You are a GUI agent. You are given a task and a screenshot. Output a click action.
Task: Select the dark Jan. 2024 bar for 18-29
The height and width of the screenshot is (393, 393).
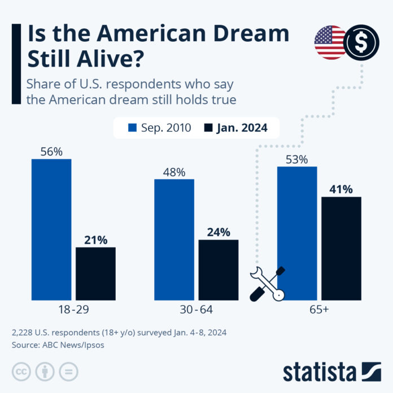(x=95, y=273)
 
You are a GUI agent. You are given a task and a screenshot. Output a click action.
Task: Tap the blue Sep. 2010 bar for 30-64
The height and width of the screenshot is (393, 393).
(x=174, y=239)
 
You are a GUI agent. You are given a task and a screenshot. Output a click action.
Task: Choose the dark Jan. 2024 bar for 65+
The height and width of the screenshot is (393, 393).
(x=341, y=248)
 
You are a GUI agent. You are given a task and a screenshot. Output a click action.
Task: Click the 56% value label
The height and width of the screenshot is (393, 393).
(x=51, y=152)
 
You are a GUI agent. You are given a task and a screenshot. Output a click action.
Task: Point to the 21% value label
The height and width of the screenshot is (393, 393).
(x=95, y=240)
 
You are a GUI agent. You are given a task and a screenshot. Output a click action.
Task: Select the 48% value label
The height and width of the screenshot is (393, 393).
(x=174, y=172)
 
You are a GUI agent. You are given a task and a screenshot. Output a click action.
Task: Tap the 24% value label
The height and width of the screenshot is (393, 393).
(x=218, y=232)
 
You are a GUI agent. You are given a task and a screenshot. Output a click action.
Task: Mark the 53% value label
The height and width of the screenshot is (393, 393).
(x=297, y=160)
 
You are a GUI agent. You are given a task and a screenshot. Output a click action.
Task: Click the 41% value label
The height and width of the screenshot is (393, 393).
(x=341, y=189)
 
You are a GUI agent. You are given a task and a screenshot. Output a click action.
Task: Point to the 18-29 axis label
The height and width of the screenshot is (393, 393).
(x=73, y=310)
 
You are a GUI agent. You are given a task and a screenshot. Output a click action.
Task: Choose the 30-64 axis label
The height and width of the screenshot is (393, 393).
(x=196, y=310)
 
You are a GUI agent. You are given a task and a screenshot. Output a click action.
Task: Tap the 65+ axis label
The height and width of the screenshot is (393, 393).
(x=319, y=310)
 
